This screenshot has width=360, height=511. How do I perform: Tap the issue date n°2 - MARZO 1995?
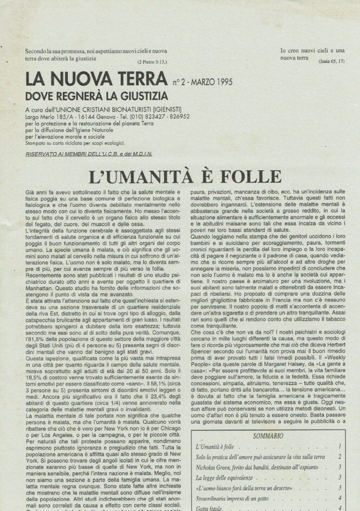(x=202, y=82)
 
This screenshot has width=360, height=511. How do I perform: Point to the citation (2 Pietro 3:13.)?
(x=152, y=62)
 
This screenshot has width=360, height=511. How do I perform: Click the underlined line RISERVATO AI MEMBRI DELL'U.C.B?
(x=89, y=154)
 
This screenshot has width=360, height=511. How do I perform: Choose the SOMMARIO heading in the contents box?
(x=268, y=436)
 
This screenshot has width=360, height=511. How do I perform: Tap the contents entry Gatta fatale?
(x=210, y=508)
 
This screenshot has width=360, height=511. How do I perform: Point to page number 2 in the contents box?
(x=340, y=456)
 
